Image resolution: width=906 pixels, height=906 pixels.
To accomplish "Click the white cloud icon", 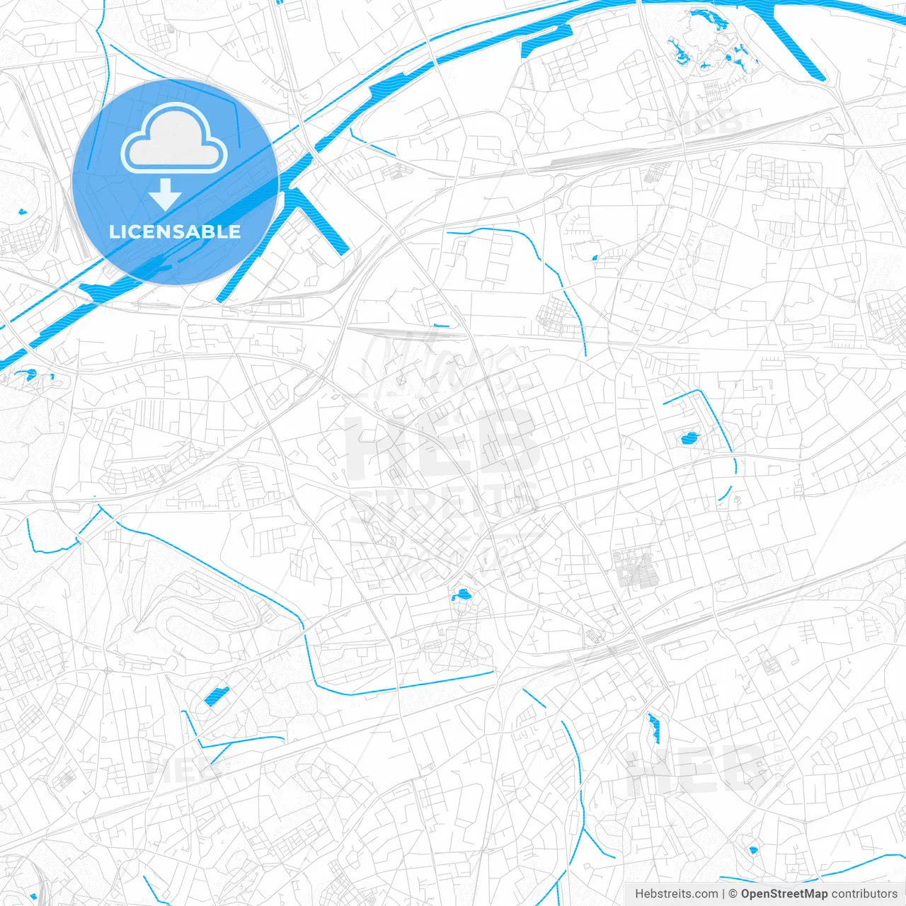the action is tap(174, 139).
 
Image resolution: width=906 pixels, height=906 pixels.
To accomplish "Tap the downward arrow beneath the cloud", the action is tap(165, 195).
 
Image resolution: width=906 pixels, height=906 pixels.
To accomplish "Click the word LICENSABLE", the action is tap(175, 231).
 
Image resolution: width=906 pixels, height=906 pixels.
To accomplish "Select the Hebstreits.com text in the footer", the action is tap(676, 894).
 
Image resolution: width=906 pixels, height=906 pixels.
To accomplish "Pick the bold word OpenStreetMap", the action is tap(784, 894).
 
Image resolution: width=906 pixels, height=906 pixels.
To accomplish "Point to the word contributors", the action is tap(864, 894).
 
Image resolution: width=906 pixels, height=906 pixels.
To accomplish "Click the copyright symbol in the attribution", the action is tap(733, 894).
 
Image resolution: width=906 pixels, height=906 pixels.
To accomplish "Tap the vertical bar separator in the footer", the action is tap(723, 894).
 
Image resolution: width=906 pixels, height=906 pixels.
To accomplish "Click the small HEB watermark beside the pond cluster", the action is tap(705, 123).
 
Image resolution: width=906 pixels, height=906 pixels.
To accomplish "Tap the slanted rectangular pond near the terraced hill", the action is tap(217, 696).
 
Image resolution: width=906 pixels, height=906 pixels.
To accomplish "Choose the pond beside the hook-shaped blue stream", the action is tap(689, 439).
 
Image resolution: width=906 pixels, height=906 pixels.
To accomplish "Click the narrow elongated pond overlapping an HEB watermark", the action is tap(653, 728).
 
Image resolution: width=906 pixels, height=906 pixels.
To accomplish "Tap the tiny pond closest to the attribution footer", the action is tap(752, 849).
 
